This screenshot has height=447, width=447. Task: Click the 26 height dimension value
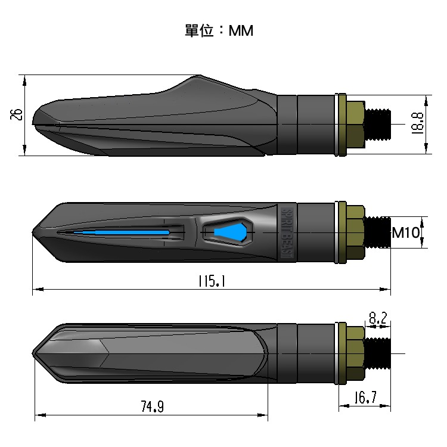point(17,114)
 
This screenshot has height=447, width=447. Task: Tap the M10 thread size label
point(406,232)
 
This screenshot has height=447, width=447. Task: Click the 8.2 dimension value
point(377,319)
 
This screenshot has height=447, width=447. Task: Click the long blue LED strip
point(125,232)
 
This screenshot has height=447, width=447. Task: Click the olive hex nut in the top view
point(356,125)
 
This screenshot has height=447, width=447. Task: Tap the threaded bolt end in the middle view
point(377,232)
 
